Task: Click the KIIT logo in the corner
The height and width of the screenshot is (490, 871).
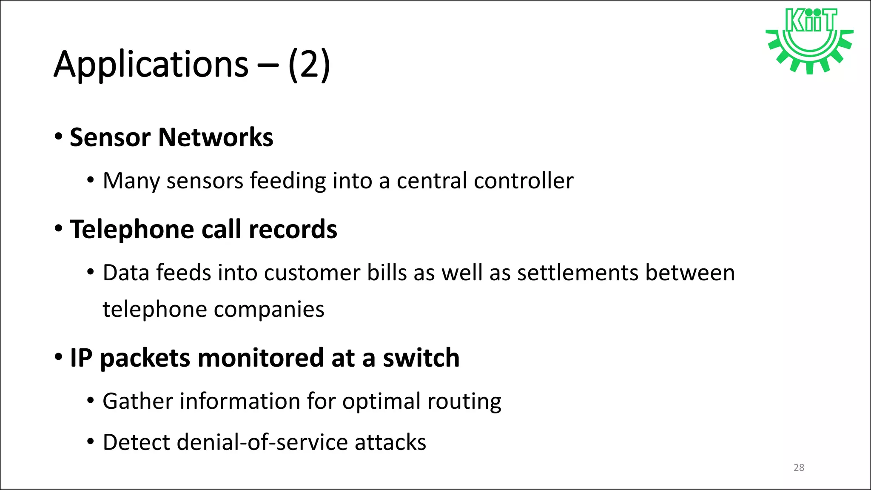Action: [809, 40]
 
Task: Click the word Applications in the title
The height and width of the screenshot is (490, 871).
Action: [151, 65]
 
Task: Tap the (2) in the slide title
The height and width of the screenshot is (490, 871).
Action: [309, 65]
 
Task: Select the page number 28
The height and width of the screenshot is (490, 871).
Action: [799, 468]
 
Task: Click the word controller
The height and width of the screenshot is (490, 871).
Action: [524, 181]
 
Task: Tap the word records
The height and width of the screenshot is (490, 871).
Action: [293, 230]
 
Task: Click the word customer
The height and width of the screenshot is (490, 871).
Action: [312, 273]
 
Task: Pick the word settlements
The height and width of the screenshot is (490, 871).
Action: [578, 273]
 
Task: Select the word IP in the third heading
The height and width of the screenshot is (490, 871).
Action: [81, 358]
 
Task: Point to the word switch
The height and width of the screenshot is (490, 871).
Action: [421, 358]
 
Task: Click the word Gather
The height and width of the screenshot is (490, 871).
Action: [137, 401]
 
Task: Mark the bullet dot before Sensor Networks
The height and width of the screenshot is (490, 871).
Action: [59, 137]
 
